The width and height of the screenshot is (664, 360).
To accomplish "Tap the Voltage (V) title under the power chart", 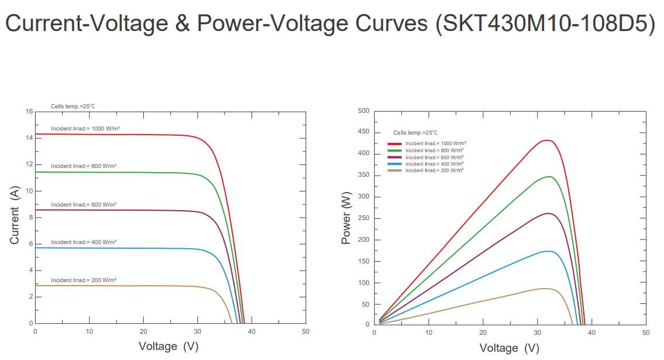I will click(509, 348).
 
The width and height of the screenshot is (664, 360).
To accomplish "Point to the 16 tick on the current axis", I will click(29, 111).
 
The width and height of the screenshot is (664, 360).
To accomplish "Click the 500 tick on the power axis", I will click(363, 111).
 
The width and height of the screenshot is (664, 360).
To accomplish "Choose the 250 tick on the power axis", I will click(363, 218).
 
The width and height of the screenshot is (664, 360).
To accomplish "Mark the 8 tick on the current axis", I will click(31, 218).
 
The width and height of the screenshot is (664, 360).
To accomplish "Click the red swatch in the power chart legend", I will click(394, 143).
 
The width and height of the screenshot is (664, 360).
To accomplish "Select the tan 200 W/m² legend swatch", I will click(394, 170).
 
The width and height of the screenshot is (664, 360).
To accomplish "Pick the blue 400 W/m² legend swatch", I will click(394, 164).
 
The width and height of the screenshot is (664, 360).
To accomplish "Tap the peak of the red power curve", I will click(546, 140).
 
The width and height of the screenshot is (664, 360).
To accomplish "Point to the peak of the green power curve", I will click(549, 176).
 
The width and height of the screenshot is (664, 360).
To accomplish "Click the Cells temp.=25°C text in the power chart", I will click(415, 133).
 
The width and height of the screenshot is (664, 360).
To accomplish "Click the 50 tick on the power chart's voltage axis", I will click(645, 332).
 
